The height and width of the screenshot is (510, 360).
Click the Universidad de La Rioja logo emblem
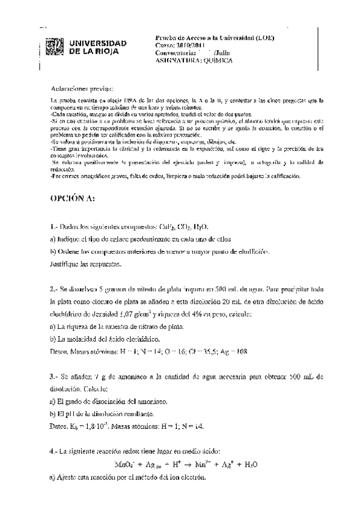(54, 48)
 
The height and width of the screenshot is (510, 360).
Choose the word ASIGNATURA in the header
(174, 59)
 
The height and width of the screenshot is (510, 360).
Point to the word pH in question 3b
(72, 414)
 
